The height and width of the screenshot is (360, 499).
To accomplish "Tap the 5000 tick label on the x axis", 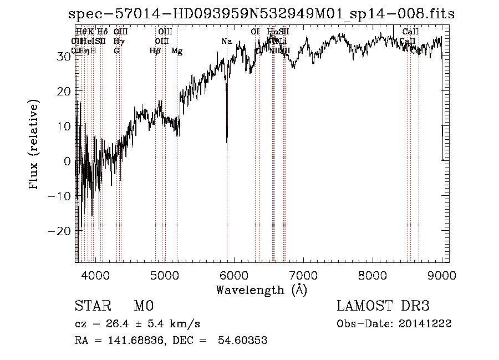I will point(165,275).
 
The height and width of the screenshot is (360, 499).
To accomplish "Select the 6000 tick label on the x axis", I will point(234,275).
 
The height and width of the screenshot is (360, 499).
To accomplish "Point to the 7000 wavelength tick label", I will point(303,275).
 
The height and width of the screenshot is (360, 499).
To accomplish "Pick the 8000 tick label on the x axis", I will point(373,275).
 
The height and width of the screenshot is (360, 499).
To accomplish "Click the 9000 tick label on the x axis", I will point(442,275).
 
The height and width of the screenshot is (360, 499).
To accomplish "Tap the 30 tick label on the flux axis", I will point(64,56).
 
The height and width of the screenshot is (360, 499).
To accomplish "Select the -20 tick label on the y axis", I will point(62,230).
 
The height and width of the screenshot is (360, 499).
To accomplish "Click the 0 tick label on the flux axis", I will point(68,161).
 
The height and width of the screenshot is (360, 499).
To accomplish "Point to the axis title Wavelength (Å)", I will point(261,290).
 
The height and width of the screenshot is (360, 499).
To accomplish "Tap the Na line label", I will point(226,41).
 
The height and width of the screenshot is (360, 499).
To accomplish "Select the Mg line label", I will point(177,51).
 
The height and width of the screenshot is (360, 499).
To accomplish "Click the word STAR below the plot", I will point(92,306).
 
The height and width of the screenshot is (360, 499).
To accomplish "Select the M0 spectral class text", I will point(143,306).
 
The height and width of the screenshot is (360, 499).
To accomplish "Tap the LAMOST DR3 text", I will point(383,306).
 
